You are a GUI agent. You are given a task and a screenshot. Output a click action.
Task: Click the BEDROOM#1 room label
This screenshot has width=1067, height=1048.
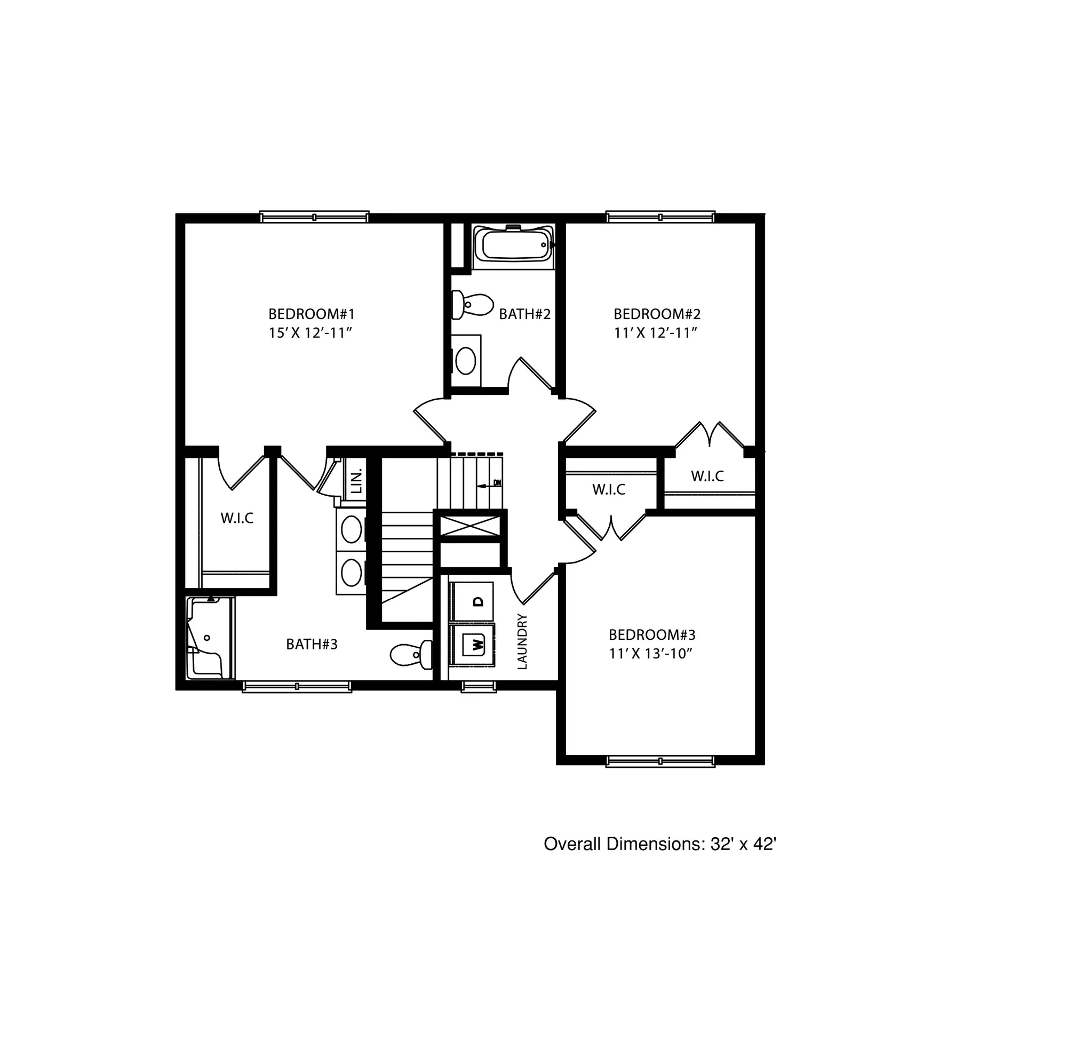tap(312, 314)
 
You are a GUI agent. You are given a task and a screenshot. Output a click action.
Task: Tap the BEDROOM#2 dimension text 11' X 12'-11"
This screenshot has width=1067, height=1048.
tap(656, 332)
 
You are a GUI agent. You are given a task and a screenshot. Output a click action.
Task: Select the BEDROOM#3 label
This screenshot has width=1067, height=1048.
tap(651, 634)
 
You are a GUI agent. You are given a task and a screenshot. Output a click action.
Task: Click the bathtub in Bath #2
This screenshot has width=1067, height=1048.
tap(513, 245)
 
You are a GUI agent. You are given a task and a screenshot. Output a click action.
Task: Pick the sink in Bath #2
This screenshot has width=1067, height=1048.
tap(466, 361)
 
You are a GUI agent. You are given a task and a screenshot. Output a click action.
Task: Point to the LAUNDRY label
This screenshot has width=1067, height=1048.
tap(522, 641)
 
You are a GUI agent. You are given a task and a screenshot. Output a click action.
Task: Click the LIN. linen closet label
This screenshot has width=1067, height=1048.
tap(356, 481)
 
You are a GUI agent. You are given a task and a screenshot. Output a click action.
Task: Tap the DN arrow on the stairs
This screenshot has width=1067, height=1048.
tap(490, 484)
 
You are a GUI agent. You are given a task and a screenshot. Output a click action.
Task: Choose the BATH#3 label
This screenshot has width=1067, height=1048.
tap(312, 644)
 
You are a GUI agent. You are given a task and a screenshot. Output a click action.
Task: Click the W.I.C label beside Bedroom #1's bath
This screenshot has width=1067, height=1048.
tap(237, 518)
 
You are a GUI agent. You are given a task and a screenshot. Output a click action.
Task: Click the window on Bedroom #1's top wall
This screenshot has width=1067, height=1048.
tap(314, 217)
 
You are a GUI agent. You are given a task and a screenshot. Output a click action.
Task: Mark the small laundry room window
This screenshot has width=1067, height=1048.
tap(478, 686)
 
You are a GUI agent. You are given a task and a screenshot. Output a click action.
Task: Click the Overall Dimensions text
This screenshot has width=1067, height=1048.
tap(659, 844)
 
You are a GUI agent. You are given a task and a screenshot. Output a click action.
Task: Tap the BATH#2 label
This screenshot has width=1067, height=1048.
tap(524, 314)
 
